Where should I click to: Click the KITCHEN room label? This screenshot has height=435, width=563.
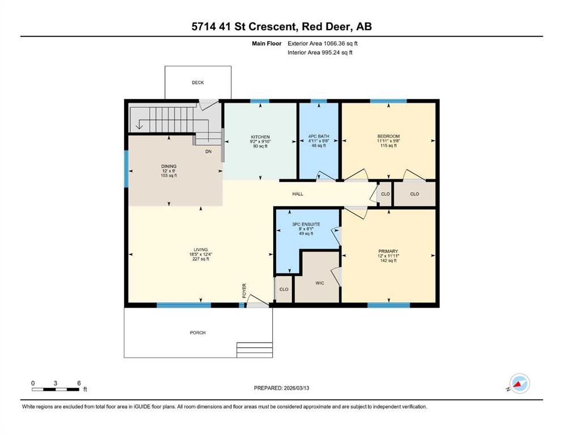coord(260,137)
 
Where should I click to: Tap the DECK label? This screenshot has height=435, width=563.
coord(197,83)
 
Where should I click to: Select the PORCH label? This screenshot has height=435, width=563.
coord(197,333)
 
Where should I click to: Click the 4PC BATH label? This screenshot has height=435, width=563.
coord(319,137)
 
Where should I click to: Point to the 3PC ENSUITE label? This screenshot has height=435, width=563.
coord(306,224)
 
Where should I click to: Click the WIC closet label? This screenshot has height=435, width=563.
coord(320,283)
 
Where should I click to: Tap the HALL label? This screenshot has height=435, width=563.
coord(298,194)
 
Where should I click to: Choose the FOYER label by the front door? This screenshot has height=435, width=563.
coord(244,291)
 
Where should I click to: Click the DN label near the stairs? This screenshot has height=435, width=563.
coord(208,152)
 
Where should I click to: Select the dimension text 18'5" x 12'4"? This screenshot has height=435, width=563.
coord(200,254)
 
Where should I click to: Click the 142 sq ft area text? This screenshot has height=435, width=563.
coord(388,261)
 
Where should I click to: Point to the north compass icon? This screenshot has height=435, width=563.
coord(519,383)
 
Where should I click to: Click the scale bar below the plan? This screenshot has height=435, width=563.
coord(56,389)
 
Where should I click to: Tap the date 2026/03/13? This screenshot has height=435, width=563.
coord(296,388)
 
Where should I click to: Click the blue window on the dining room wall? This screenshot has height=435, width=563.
coord(126,169)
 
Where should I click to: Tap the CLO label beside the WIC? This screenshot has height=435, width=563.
coord(283,289)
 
